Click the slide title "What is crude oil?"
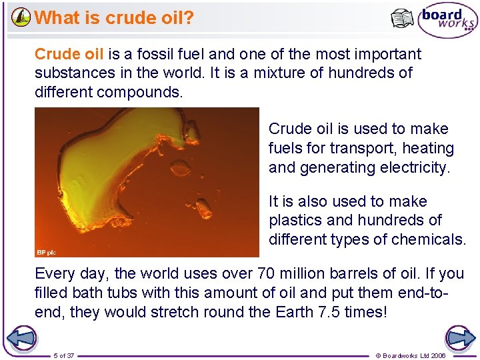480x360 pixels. pos(114,17)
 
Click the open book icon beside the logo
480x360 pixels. pos(402,19)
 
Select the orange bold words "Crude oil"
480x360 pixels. pos(69,54)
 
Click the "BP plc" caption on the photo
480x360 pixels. pos(48,252)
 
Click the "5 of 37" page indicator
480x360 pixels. pos(64,355)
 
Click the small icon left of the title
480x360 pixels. pos(21,17)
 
